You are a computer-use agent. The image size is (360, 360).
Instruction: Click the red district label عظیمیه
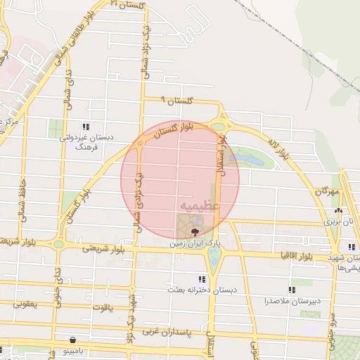click(200, 206)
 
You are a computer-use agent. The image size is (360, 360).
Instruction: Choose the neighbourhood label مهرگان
click(327, 191)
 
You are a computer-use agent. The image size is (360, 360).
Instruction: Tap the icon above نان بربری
click(339, 210)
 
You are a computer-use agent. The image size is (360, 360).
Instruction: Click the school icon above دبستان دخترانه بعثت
click(202, 279)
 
